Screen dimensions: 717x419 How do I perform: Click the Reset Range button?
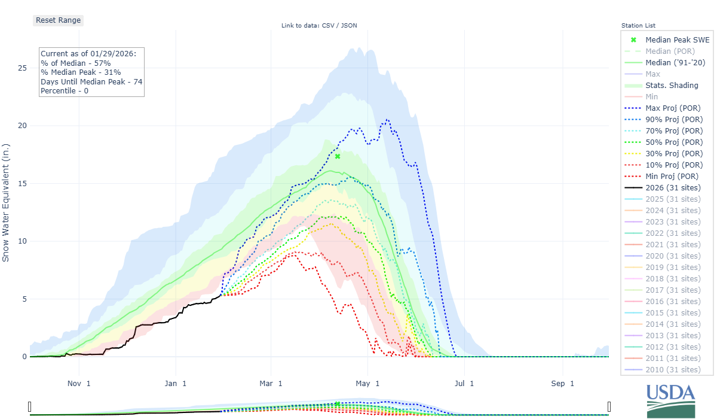click(58, 20)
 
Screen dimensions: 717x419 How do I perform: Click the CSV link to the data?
click(329, 26)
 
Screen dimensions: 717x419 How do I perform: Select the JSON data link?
click(349, 26)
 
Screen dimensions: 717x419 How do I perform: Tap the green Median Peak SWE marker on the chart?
click(338, 156)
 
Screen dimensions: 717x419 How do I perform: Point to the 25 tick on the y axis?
click(22, 68)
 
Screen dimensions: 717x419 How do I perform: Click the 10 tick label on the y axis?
click(22, 241)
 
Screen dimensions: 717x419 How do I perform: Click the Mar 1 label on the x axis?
click(271, 384)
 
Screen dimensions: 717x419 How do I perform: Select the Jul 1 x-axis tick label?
click(464, 384)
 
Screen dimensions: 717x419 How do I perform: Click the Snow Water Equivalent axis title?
click(5, 202)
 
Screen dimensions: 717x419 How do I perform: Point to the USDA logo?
click(670, 401)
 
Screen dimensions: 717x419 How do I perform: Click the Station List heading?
click(638, 26)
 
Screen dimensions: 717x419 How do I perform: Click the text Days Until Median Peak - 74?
click(91, 82)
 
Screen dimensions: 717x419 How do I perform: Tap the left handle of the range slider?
click(30, 407)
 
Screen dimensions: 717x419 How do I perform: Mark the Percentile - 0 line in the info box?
click(65, 91)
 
